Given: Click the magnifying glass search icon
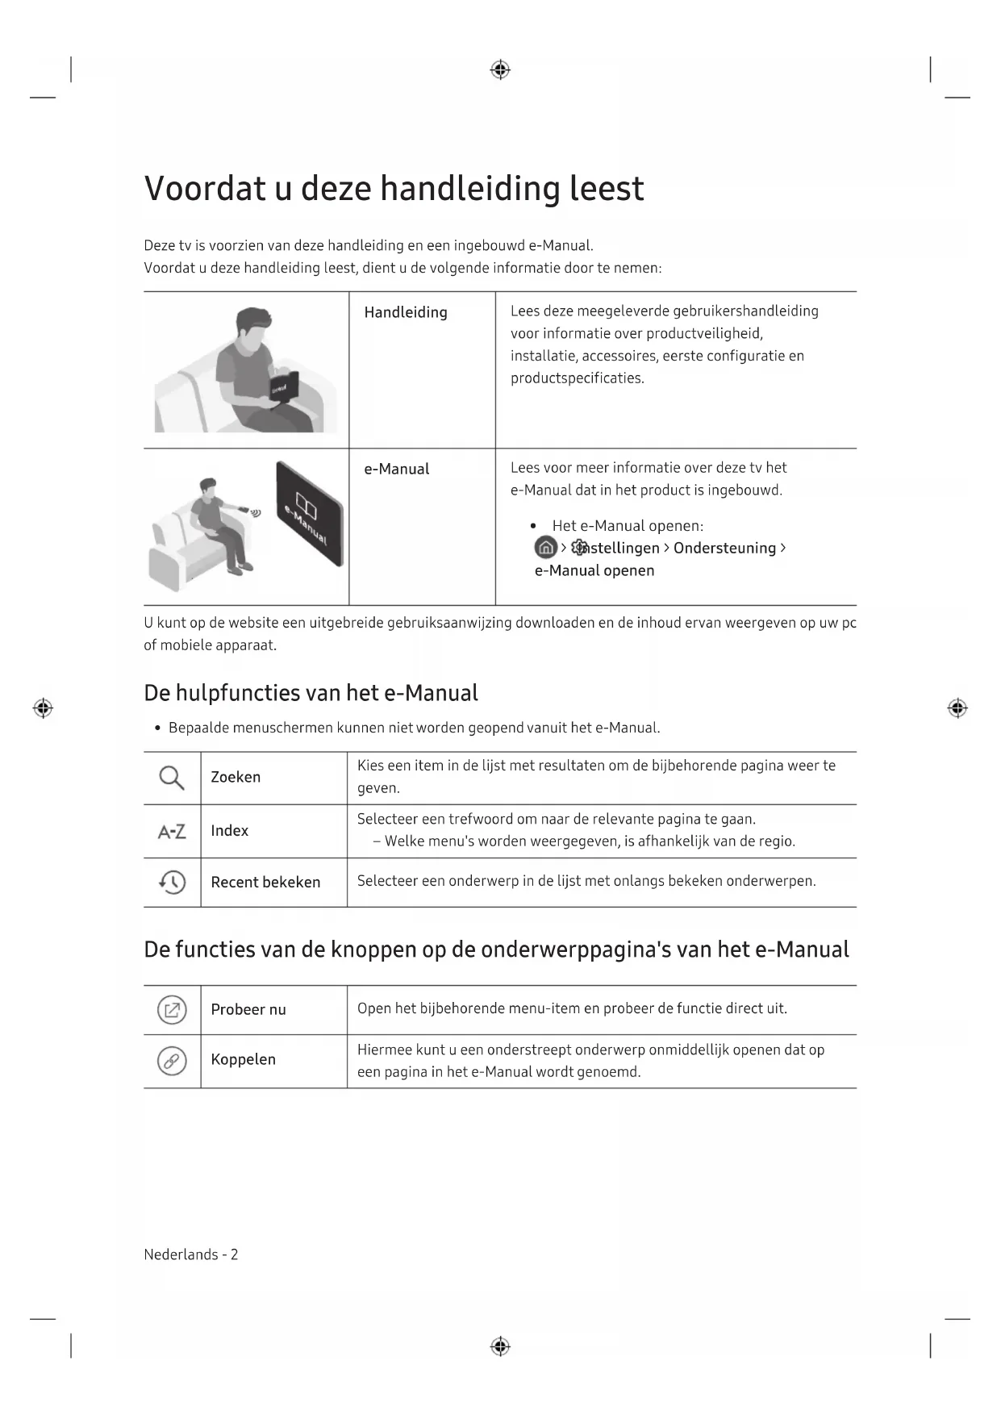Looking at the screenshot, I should pyautogui.click(x=171, y=778).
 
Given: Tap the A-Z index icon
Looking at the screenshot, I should pyautogui.click(x=171, y=831).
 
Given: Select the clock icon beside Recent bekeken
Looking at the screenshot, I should pyautogui.click(x=172, y=882).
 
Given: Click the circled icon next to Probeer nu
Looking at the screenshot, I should pyautogui.click(x=172, y=1010).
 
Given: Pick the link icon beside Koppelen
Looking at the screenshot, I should pyautogui.click(x=172, y=1061).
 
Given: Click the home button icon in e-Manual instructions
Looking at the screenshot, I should pyautogui.click(x=545, y=548).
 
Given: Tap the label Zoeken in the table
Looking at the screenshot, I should pyautogui.click(x=236, y=777).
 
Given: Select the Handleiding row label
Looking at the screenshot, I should pyautogui.click(x=406, y=312).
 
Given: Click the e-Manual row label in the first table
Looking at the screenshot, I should pyautogui.click(x=397, y=469).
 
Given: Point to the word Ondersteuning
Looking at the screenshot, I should pyautogui.click(x=724, y=548).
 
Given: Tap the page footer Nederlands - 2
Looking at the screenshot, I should pyautogui.click(x=191, y=1254).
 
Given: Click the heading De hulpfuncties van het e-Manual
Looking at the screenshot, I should pyautogui.click(x=311, y=693).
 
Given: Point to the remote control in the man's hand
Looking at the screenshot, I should pyautogui.click(x=244, y=509).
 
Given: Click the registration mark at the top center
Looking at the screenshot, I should pyautogui.click(x=500, y=70).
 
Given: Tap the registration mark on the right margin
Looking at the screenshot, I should pyautogui.click(x=957, y=708).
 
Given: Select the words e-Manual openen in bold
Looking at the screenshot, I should pyautogui.click(x=594, y=570).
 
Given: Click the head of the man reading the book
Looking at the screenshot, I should pyautogui.click(x=252, y=327).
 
